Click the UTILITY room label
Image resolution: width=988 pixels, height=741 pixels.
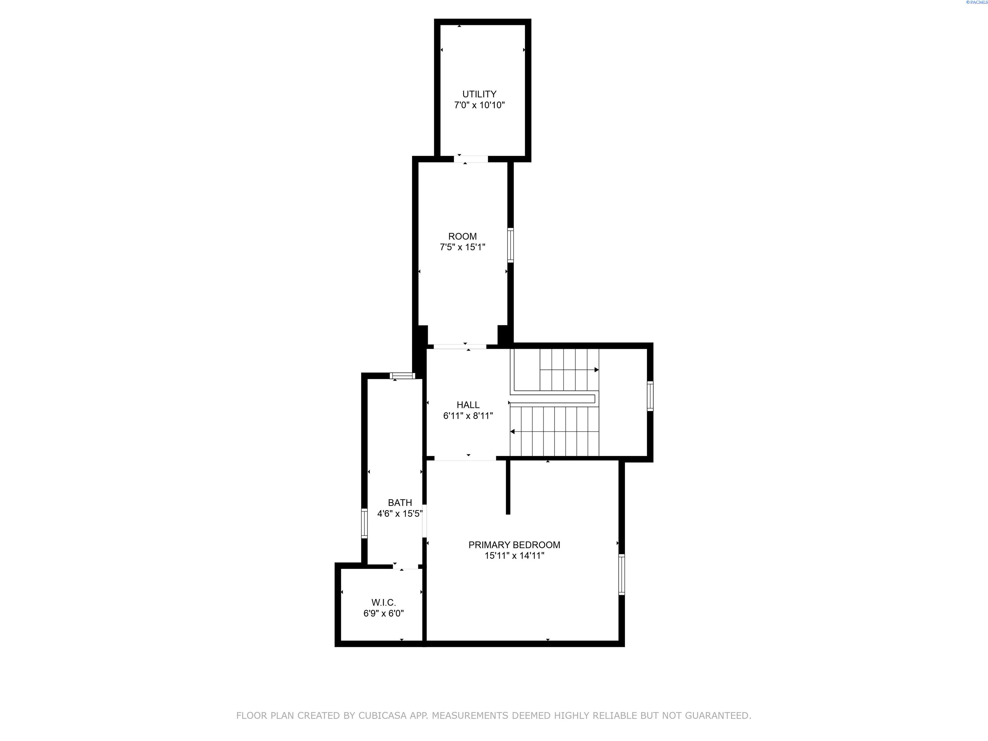click(479, 94)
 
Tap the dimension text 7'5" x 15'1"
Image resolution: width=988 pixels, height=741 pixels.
click(462, 247)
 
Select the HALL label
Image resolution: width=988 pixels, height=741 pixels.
click(468, 405)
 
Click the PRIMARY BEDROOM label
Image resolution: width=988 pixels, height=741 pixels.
click(514, 544)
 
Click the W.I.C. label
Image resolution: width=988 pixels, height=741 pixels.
click(383, 602)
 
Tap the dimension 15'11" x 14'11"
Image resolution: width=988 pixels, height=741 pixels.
click(514, 556)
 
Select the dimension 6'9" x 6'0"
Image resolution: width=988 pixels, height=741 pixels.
click(383, 613)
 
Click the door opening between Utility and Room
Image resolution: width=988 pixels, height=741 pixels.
click(471, 159)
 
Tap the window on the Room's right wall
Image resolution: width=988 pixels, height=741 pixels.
click(510, 245)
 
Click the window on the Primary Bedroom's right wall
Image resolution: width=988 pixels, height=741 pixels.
click(621, 574)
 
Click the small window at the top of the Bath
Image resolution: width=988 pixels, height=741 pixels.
click(402, 376)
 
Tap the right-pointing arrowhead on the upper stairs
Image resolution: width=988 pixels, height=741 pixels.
click(596, 370)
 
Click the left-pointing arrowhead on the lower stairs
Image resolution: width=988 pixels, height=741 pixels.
click(513, 432)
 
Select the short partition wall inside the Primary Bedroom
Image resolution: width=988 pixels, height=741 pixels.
click(508, 487)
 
